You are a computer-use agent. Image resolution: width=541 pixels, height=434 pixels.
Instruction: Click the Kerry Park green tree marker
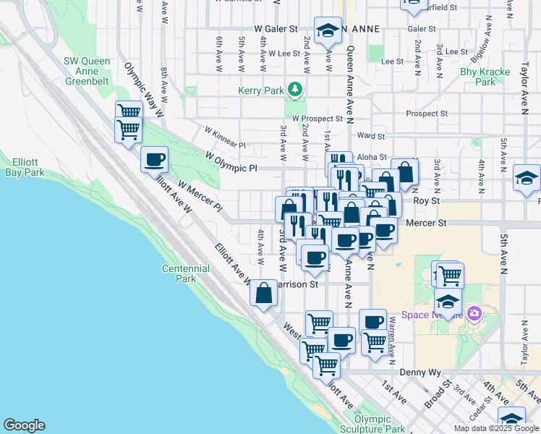tap(294, 90)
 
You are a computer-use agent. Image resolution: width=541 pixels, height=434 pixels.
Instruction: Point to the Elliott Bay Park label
tap(23, 167)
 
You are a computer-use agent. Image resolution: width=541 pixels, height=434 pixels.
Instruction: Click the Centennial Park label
tap(179, 273)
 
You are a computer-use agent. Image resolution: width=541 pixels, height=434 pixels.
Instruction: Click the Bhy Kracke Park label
tap(477, 77)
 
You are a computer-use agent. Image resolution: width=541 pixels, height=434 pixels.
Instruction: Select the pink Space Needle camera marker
tap(474, 314)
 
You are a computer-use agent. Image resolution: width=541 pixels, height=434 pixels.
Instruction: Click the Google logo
tap(24, 425)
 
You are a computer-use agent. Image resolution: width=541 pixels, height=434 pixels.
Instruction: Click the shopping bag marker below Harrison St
tap(263, 294)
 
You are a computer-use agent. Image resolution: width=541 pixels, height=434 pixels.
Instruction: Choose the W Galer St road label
tap(276, 29)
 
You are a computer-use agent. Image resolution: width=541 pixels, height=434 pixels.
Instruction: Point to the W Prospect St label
tap(317, 118)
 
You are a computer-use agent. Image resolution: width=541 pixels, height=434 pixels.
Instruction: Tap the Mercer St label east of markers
tap(426, 224)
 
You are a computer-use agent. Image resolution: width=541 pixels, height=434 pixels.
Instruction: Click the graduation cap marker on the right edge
tap(527, 178)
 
